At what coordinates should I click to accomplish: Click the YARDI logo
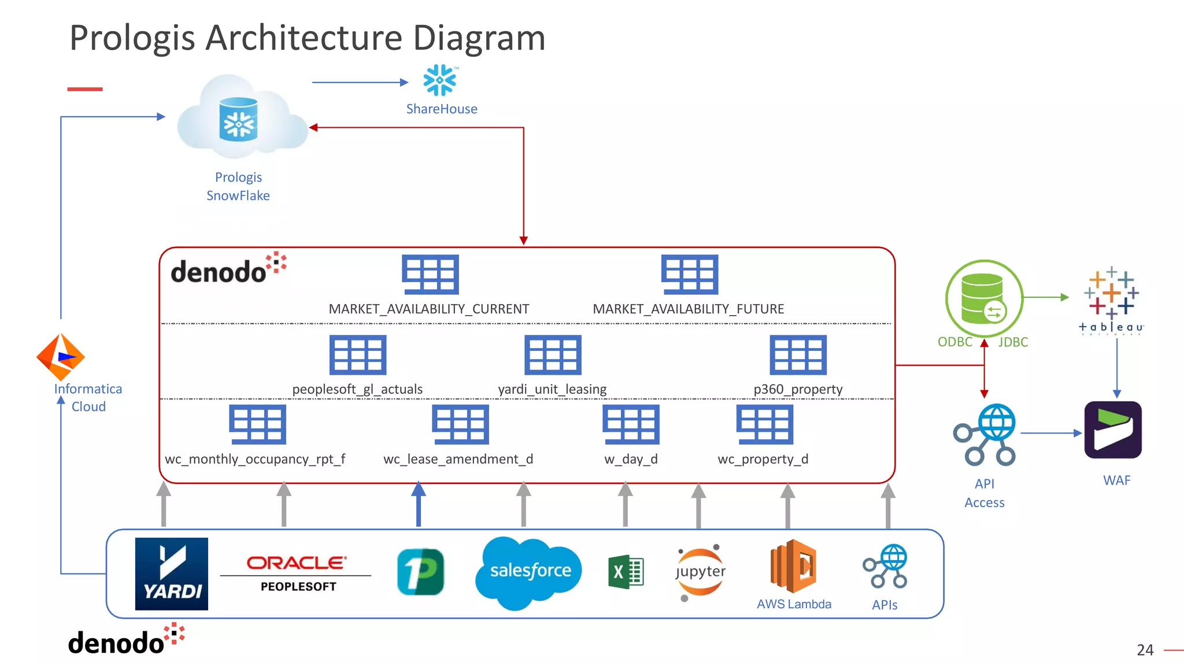[x=171, y=573]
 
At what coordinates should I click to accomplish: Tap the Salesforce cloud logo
[x=529, y=571]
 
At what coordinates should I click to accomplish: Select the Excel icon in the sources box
[x=626, y=572]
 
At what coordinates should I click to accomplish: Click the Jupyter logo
[x=700, y=572]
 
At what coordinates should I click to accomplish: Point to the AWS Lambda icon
[x=793, y=567]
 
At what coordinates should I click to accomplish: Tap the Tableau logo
[x=1111, y=300]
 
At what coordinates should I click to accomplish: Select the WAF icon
[x=1113, y=430]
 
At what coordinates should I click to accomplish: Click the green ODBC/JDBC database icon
[x=984, y=298]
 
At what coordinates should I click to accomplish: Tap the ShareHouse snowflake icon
[x=440, y=80]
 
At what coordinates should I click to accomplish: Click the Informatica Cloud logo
[x=61, y=357]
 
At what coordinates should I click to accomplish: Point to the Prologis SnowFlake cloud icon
[x=239, y=120]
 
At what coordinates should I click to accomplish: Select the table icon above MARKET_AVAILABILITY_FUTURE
[x=690, y=275]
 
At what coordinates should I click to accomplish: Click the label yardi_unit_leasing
[x=552, y=389]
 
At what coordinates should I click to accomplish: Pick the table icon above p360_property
[x=798, y=355]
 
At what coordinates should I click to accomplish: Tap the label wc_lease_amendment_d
[x=458, y=459]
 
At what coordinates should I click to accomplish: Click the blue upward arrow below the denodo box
[x=419, y=504]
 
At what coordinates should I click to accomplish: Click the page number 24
[x=1145, y=650]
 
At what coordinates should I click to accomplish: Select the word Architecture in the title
[x=304, y=38]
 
